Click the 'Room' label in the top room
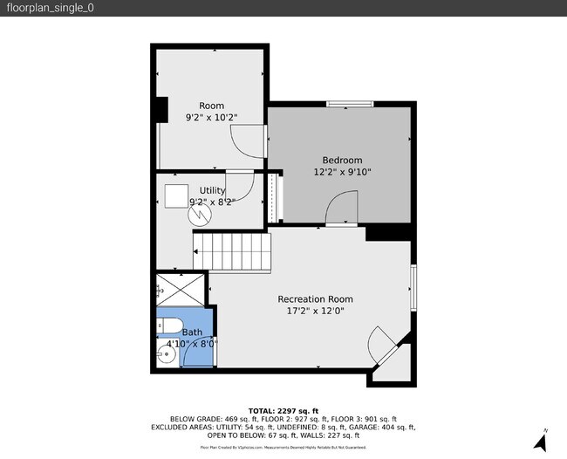pyautogui.click(x=211, y=106)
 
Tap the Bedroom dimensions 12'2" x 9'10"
pyautogui.click(x=342, y=172)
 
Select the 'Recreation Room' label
pyautogui.click(x=315, y=298)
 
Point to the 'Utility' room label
pyautogui.click(x=212, y=190)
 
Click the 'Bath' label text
pyautogui.click(x=191, y=332)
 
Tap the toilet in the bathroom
pyautogui.click(x=169, y=327)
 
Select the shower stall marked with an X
pyautogui.click(x=181, y=290)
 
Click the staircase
pyautogui.click(x=232, y=250)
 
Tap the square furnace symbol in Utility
pyautogui.click(x=179, y=195)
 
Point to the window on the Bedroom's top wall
pyautogui.click(x=351, y=105)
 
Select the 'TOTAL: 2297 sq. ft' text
pyautogui.click(x=283, y=410)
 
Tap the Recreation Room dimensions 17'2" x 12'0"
pyautogui.click(x=315, y=311)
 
